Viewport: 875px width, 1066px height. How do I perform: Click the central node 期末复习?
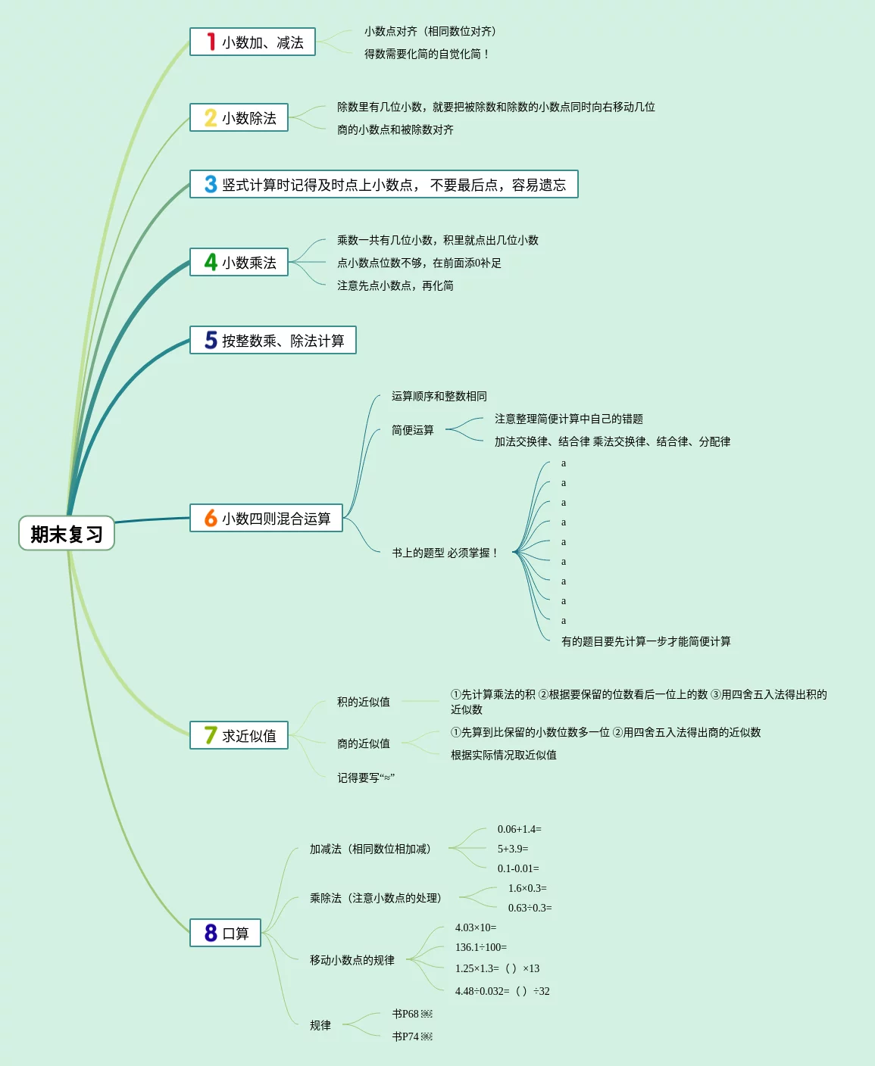click(67, 534)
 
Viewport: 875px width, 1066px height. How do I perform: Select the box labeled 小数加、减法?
click(252, 42)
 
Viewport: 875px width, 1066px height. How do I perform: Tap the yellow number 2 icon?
click(211, 117)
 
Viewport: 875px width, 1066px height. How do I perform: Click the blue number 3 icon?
click(211, 184)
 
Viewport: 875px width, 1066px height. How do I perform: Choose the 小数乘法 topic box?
click(239, 263)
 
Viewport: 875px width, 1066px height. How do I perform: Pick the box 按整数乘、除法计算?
click(273, 341)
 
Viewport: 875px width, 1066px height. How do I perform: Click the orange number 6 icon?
click(211, 518)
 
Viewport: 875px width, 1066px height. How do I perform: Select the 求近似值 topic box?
click(239, 736)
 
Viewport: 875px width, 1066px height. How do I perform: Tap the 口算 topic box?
click(225, 933)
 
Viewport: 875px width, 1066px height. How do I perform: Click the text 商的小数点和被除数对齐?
click(395, 130)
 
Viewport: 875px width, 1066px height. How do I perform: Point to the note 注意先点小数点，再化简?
click(395, 285)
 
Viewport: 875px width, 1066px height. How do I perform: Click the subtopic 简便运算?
click(413, 430)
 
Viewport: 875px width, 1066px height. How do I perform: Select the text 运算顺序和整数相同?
click(439, 397)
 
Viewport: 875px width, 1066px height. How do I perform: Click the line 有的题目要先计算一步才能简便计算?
click(646, 642)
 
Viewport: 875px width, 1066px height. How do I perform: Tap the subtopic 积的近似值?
click(364, 702)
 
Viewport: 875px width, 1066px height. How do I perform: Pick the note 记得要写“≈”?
click(366, 778)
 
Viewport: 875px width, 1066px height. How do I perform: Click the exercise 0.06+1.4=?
click(520, 830)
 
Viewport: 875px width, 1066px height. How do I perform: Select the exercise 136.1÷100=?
click(481, 948)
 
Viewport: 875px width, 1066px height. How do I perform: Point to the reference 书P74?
click(412, 1036)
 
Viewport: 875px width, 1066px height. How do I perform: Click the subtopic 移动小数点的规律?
click(352, 960)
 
